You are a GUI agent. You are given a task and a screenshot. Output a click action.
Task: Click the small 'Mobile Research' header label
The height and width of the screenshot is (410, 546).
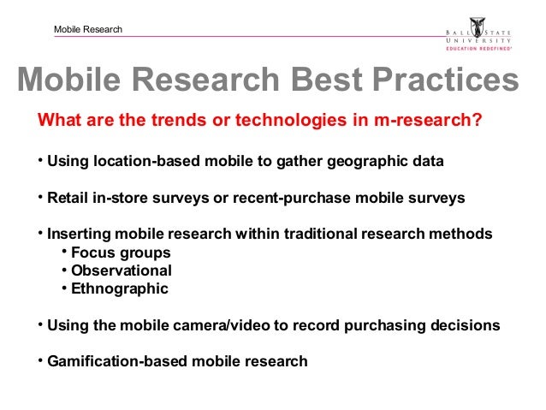[88, 30]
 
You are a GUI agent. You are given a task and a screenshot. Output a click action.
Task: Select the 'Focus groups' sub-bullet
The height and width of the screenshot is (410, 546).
[121, 253]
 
